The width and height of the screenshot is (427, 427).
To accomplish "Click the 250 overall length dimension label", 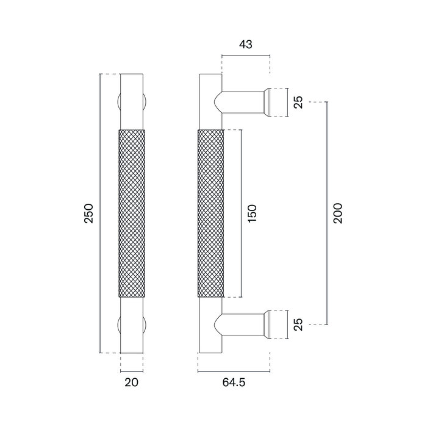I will click(x=89, y=213).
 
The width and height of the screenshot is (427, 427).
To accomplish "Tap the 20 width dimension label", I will click(x=132, y=383).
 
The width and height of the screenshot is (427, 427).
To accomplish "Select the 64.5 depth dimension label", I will click(x=234, y=383).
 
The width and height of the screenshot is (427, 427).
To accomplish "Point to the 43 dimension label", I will click(x=246, y=45).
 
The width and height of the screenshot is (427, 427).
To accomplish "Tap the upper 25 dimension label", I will click(x=298, y=102).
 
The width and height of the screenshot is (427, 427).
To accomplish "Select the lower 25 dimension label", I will click(x=298, y=325).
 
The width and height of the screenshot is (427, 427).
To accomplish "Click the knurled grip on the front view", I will click(x=132, y=213).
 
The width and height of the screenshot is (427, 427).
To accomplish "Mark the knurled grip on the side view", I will click(x=210, y=213).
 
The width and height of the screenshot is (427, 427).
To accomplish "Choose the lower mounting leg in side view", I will click(x=241, y=323).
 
